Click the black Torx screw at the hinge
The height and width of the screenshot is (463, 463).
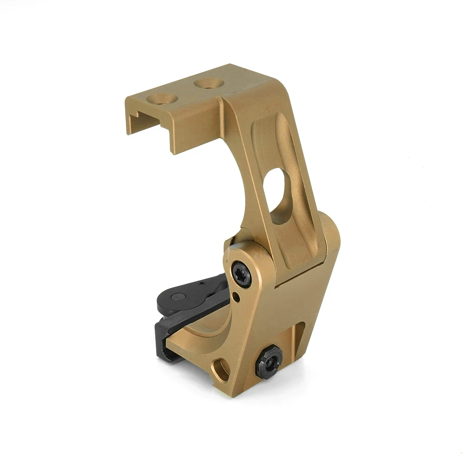tap(241, 273)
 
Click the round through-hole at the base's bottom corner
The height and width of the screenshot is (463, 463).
tap(221, 369)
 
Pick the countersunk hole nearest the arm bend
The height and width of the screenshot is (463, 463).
tap(208, 83)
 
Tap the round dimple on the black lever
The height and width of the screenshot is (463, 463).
tap(178, 297)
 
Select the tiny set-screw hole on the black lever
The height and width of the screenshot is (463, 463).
tap(200, 283)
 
